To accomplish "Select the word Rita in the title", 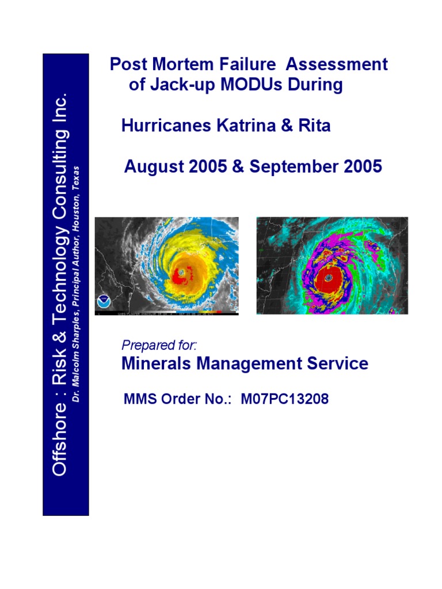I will [315, 126].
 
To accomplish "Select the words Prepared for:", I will [159, 345].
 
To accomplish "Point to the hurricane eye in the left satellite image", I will [181, 271].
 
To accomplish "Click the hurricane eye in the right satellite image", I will [328, 277].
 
